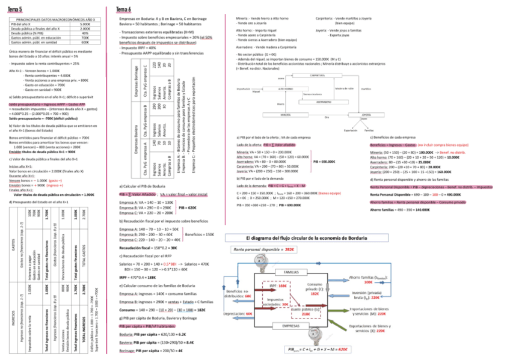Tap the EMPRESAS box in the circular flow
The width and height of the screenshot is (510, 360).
[x=290, y=325]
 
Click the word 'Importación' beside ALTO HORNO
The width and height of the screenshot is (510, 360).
[x=243, y=88]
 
